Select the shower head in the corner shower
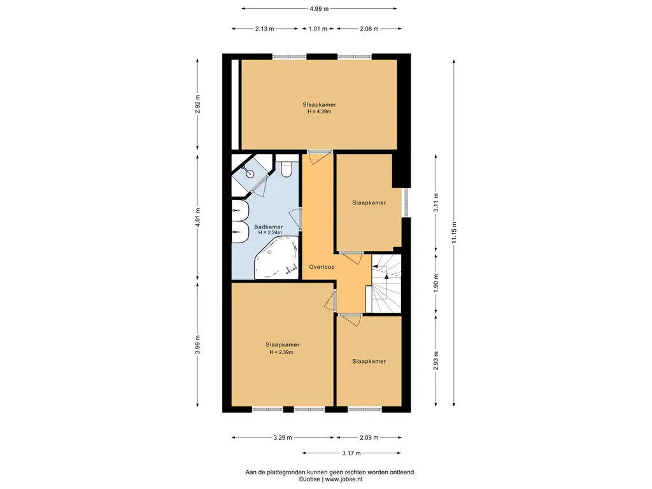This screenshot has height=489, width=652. coord(250,173)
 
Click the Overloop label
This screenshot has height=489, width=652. coord(322,267)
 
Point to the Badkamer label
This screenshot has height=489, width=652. coord(269,227)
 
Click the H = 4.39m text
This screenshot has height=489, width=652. coord(319,111)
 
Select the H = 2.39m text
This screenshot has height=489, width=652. coord(281,352)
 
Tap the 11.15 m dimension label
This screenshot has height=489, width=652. coord(454,233)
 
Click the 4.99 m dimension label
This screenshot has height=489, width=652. coord(319,8)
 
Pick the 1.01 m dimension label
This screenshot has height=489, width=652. coord(318,29)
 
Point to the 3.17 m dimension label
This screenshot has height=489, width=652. coord(351,453)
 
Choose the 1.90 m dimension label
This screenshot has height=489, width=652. coord(436,283)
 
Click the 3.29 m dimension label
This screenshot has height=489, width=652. coord(283,437)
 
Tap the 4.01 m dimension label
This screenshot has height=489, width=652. coord(197,217)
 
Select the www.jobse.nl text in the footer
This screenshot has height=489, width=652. coord(343,479)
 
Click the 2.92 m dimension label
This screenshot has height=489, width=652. coord(197,104)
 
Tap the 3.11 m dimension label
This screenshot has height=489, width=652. coord(436,202)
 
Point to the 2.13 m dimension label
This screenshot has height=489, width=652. coord(264,29)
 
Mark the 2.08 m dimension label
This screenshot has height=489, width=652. coord(369,29)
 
